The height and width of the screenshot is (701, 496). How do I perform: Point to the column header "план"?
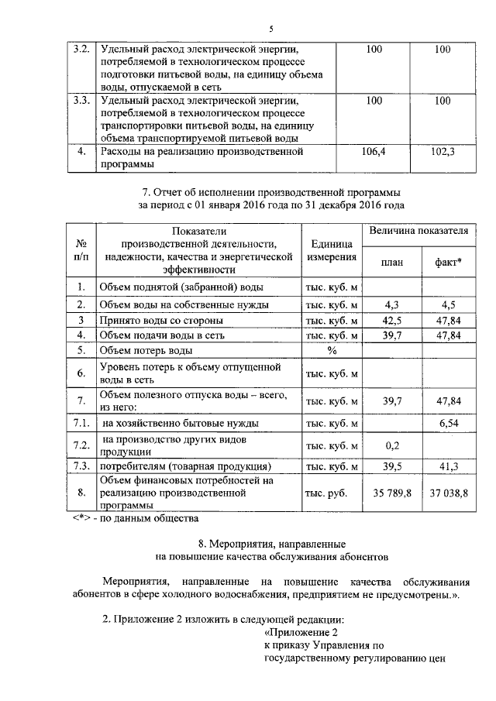(392, 262)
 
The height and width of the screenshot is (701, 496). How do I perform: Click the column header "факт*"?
(449, 262)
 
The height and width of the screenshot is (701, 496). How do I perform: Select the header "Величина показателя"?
(419, 231)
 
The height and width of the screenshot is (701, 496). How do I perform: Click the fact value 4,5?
(449, 304)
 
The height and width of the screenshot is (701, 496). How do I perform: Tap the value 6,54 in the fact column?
(449, 423)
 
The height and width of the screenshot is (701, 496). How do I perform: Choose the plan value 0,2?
(392, 446)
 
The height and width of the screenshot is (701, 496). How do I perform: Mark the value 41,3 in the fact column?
(449, 467)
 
